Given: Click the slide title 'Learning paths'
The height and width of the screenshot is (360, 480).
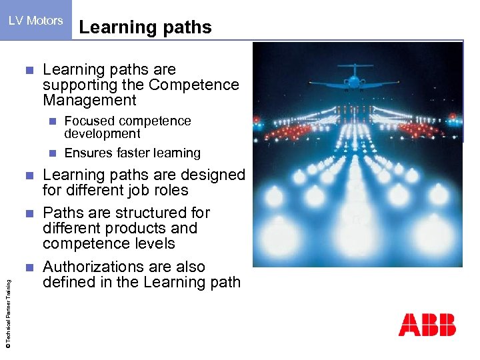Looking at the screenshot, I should pyautogui.click(x=145, y=27).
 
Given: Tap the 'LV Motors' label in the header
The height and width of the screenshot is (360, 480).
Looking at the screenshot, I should pyautogui.click(x=35, y=21).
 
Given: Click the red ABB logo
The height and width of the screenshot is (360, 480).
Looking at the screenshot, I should pyautogui.click(x=427, y=325).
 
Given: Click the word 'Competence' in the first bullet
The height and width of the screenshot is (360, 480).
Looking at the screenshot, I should pyautogui.click(x=194, y=85).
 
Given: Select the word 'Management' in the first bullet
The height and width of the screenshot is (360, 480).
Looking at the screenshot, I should pyautogui.click(x=89, y=101).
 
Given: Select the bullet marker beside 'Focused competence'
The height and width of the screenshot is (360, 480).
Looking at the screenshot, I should pyautogui.click(x=53, y=121).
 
